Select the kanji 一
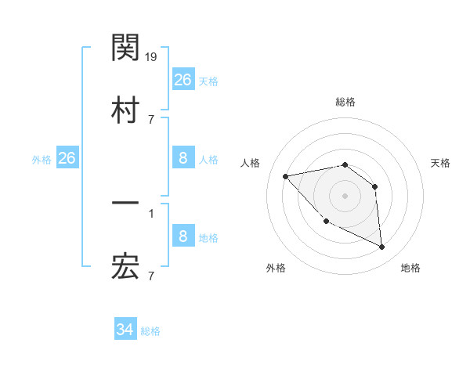[125, 204]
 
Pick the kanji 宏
[125, 268]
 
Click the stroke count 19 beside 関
[152, 57]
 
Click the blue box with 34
[125, 330]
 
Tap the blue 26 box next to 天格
[183, 79]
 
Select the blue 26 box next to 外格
[67, 158]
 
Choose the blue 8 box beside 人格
[183, 158]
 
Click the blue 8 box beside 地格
[183, 236]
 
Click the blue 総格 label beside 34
[151, 331]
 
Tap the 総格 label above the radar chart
[345, 102]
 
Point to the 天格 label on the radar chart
[441, 163]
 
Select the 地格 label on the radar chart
[410, 268]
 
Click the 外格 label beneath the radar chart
[276, 268]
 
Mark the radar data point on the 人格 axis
[286, 176]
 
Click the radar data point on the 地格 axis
[382, 247]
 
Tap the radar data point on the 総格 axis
[345, 164]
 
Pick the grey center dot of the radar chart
[345, 195]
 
